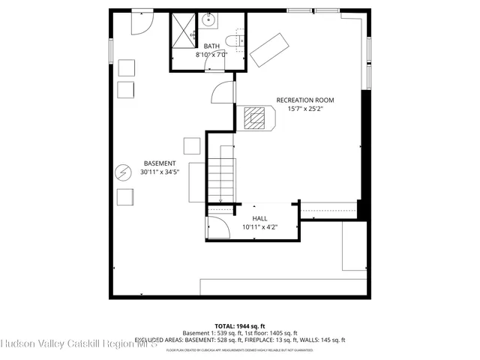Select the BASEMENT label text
coord(160,163)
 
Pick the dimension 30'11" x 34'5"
coord(160,172)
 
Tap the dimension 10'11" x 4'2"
coord(259,226)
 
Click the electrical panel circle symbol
coord(122,172)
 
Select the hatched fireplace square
coord(254,117)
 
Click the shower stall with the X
coord(182,30)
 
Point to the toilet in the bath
coord(231,40)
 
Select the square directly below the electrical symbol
coord(124,196)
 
